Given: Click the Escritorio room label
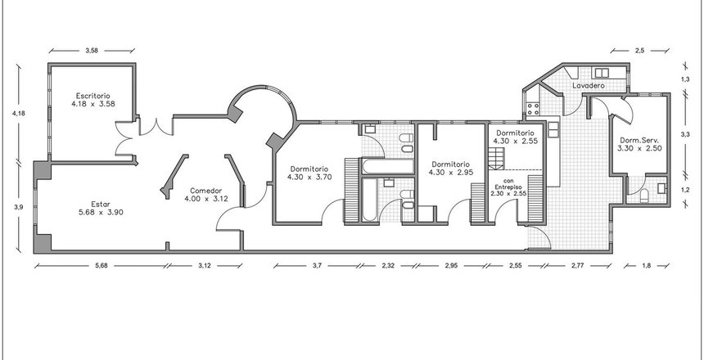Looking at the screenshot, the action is point(93,96).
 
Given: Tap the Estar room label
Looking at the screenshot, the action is point(101,205).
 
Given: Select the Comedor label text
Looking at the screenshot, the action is point(205,191).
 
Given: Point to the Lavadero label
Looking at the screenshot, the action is point(588,85).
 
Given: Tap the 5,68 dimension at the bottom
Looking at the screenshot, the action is point(101,265).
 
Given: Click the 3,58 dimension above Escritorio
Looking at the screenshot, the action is point(92,51).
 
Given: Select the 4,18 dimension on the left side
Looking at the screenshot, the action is point(18,114).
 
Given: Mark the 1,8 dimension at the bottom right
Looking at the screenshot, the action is point(647,265).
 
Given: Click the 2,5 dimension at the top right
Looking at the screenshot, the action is point(639,51).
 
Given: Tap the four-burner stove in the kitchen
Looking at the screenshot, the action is point(533,109).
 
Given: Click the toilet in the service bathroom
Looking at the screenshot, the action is point(644,196).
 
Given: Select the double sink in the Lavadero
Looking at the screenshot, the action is point(602,73).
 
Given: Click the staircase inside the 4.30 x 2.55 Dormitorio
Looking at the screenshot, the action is point(497,159).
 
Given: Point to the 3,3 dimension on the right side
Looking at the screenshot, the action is point(684,134).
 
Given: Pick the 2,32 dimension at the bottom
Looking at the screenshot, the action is point(388,265).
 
